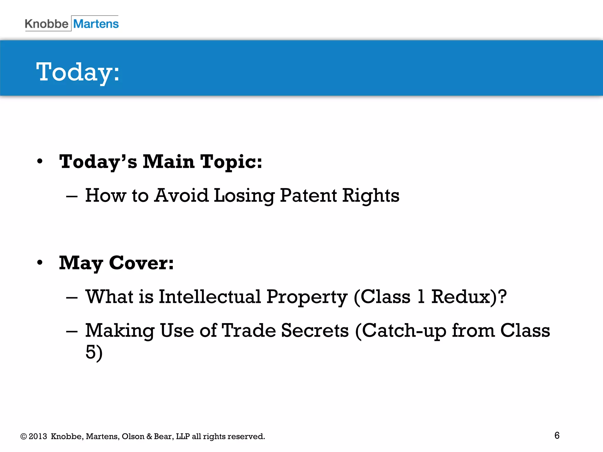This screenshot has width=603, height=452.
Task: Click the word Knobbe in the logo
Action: [47, 24]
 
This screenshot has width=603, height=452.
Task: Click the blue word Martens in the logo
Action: [96, 24]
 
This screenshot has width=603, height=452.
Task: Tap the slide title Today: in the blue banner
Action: [78, 72]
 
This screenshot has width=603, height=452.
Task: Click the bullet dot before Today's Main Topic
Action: [40, 162]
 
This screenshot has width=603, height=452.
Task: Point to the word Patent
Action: [308, 195]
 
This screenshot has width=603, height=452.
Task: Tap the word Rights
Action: [371, 196]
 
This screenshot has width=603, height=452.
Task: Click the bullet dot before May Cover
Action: [40, 262]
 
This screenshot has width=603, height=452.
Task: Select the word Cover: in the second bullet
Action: [141, 263]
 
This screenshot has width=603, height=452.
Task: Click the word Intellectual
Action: [210, 297]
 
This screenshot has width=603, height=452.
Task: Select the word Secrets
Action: [315, 330]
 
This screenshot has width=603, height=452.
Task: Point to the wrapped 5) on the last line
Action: [94, 352]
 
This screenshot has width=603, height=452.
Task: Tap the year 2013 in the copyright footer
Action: [38, 436]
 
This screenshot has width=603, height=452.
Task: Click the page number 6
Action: [557, 436]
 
